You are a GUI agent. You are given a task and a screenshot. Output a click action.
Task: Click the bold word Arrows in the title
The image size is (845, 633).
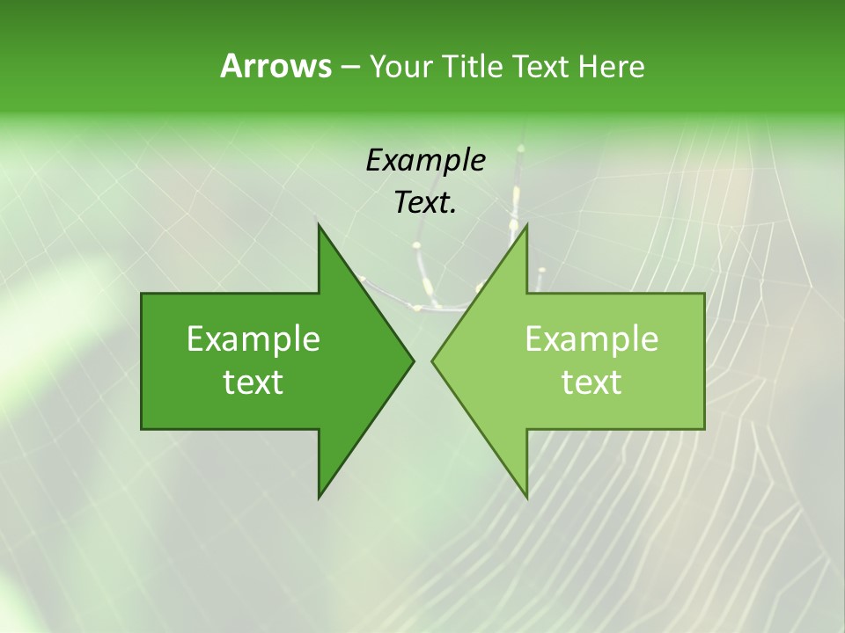pyautogui.click(x=276, y=66)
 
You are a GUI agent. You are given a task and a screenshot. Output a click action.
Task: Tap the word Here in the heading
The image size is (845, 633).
pyautogui.click(x=611, y=67)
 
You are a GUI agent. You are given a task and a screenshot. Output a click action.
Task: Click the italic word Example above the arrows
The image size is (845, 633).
pyautogui.click(x=425, y=161)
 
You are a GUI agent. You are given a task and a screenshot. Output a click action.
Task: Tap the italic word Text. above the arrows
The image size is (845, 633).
pyautogui.click(x=425, y=203)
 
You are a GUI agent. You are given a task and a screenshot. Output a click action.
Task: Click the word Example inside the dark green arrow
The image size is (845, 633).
pyautogui.click(x=253, y=339)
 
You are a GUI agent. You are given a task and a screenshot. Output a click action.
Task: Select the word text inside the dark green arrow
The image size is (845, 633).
pyautogui.click(x=253, y=382)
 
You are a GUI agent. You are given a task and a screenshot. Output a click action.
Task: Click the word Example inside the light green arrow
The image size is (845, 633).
pyautogui.click(x=591, y=339)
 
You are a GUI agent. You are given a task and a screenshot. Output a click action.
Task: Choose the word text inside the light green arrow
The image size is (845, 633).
pyautogui.click(x=591, y=382)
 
